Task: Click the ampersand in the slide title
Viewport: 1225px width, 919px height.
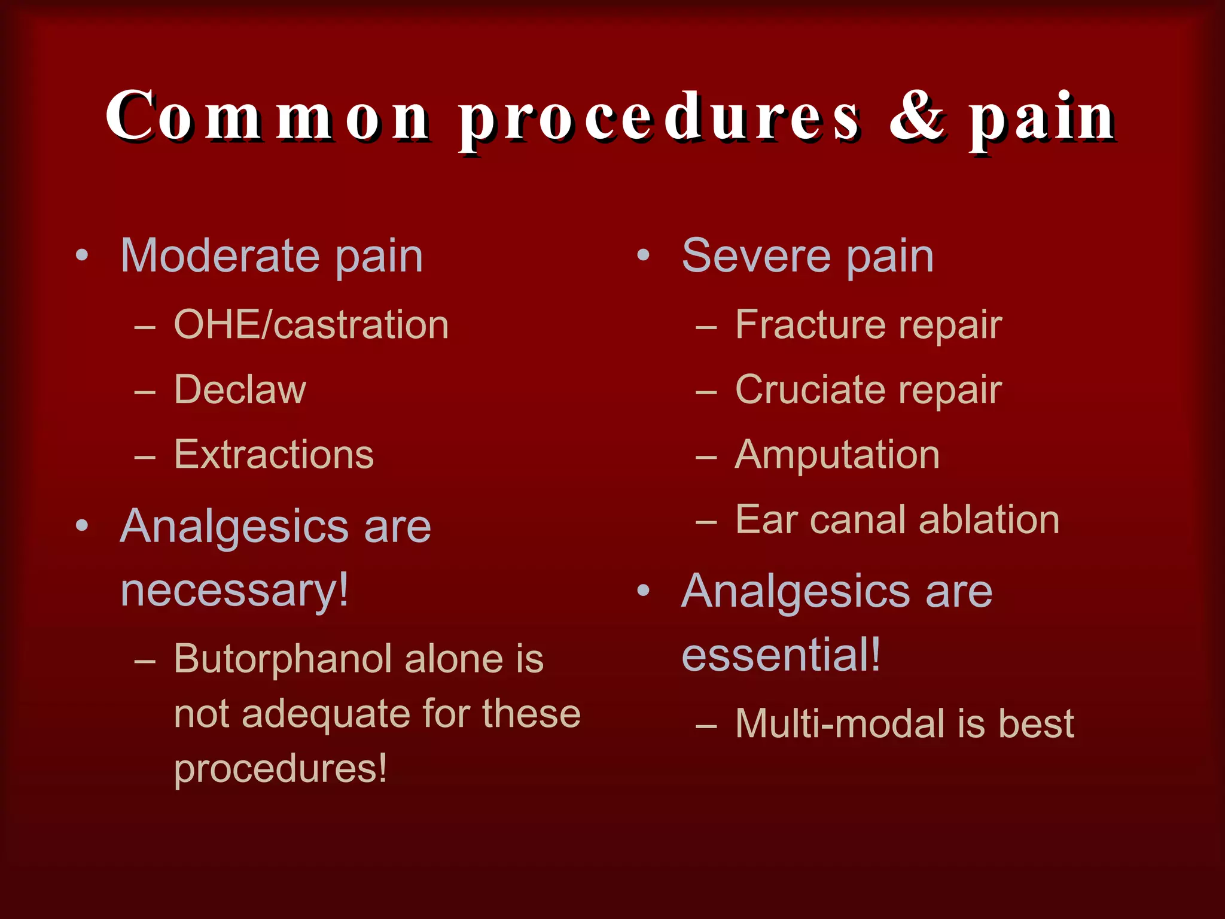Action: pyautogui.click(x=916, y=117)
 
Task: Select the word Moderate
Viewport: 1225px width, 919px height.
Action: pyautogui.click(x=220, y=256)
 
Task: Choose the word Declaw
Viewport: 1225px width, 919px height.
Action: pyautogui.click(x=240, y=389)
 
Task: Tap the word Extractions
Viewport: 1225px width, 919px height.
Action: pyautogui.click(x=273, y=455)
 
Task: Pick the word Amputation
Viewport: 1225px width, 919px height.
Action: pyautogui.click(x=837, y=455)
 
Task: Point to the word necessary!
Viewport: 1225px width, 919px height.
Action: pyautogui.click(x=234, y=591)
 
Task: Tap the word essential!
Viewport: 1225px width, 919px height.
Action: pyautogui.click(x=781, y=656)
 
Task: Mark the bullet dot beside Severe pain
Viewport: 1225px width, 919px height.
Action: pyautogui.click(x=643, y=256)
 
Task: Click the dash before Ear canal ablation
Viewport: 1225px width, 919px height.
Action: pyautogui.click(x=706, y=521)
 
